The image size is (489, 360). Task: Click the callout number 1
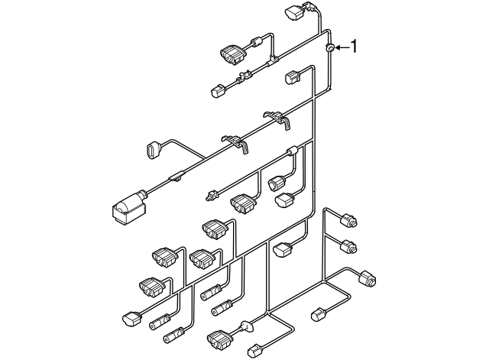pos(353,48)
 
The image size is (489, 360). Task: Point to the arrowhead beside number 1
pos(338,49)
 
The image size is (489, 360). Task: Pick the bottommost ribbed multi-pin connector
pos(219,336)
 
